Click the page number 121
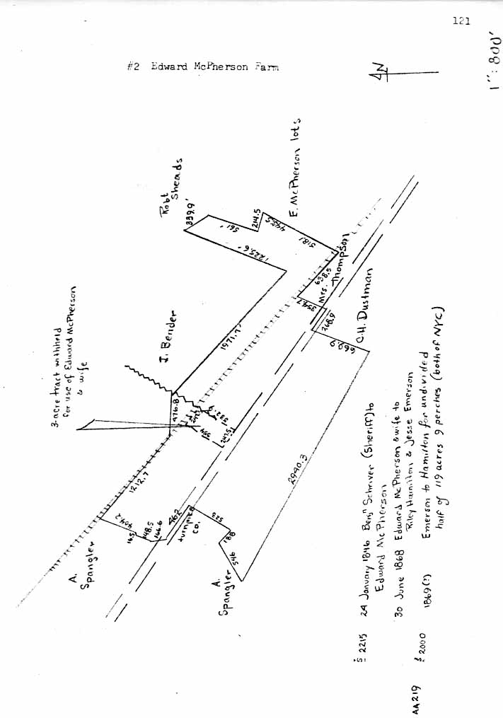(461, 21)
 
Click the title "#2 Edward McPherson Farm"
(203, 66)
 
